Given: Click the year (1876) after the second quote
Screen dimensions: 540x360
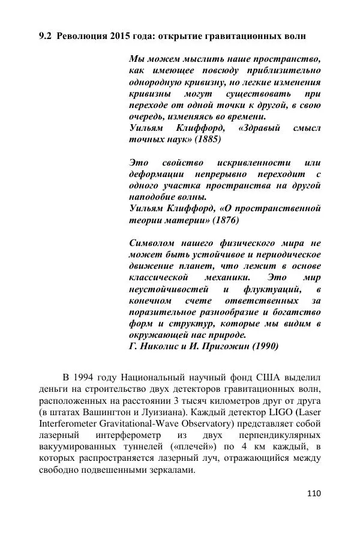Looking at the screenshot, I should point(224,220).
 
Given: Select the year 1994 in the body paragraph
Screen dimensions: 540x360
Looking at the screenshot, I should point(87,377).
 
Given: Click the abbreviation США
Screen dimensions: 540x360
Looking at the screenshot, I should point(269,377).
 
